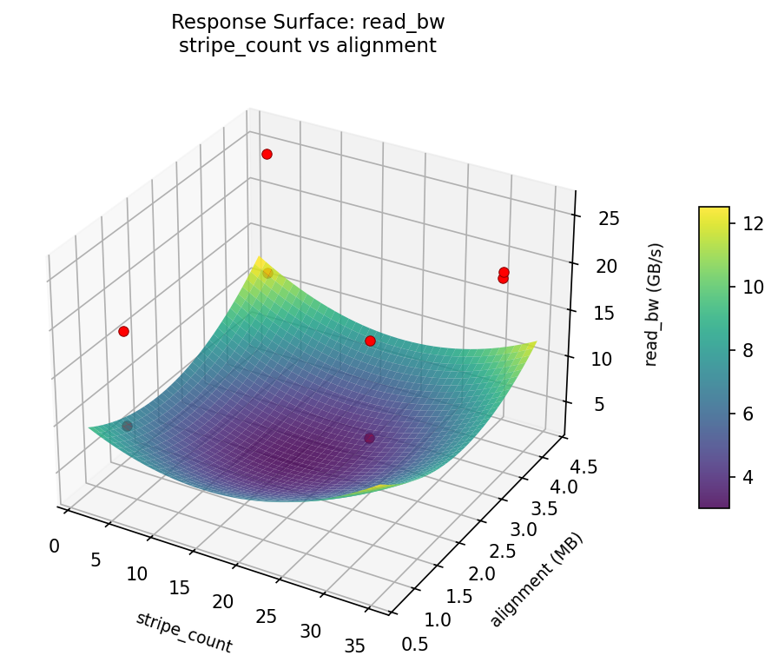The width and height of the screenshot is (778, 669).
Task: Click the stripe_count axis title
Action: tap(183, 632)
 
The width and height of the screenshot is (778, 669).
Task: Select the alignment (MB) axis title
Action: tap(537, 580)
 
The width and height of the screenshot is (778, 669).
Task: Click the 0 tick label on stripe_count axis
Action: tap(55, 546)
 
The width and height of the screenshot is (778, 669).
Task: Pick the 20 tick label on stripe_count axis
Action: tap(223, 602)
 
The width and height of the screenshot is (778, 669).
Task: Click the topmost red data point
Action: tap(267, 154)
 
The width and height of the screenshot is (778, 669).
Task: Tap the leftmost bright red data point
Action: tap(123, 331)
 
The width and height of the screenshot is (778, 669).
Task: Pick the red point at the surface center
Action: tap(370, 341)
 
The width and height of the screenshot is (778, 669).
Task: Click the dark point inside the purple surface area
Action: tap(369, 438)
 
